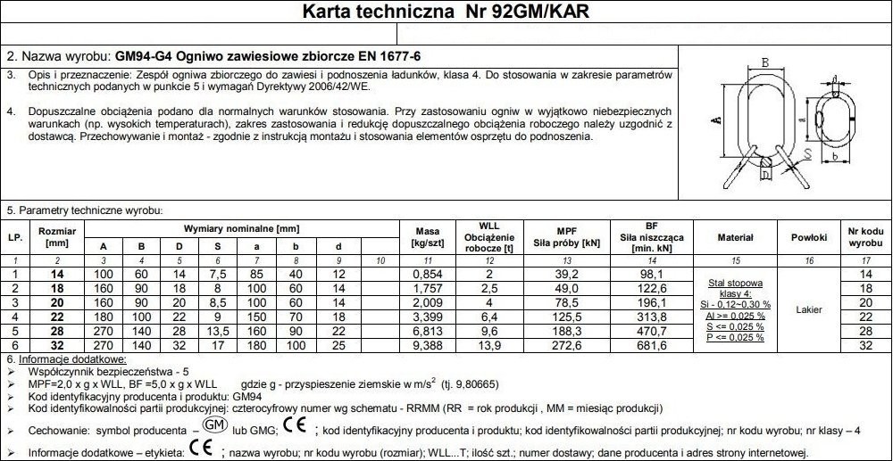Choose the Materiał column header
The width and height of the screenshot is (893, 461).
(735, 237)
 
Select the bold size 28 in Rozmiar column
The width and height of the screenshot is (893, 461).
(56, 330)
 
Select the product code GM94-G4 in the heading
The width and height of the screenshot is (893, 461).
(145, 55)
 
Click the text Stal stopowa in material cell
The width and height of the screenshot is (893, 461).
(735, 282)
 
